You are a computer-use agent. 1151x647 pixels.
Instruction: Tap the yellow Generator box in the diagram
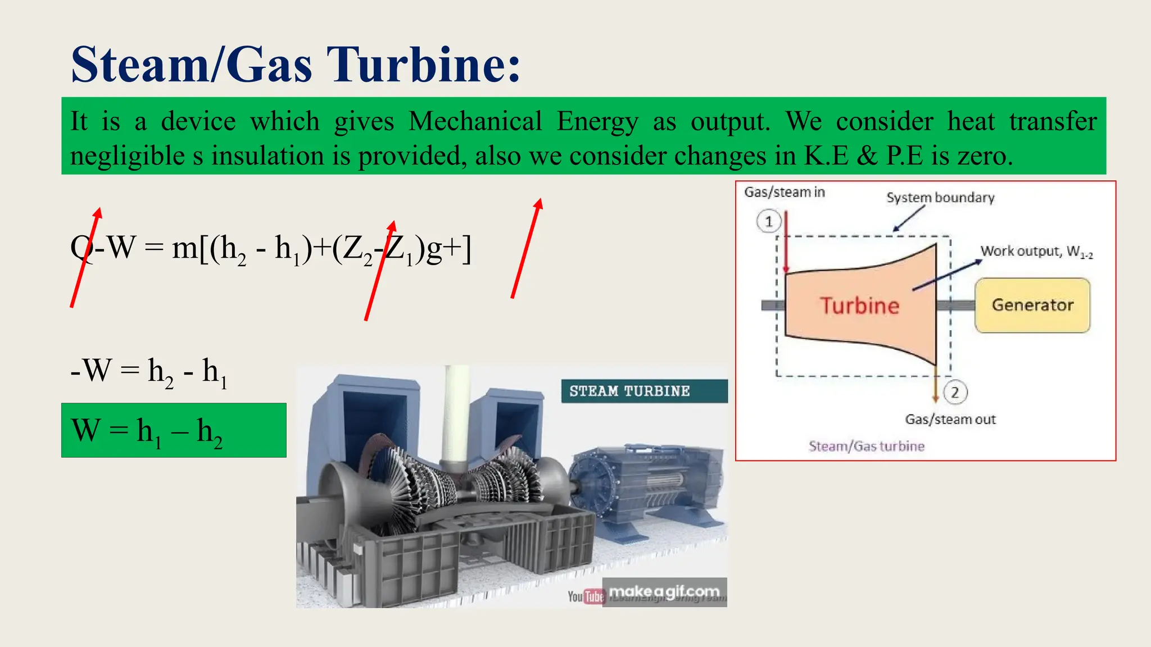pyautogui.click(x=1032, y=305)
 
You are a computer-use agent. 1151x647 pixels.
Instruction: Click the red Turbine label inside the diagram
pyautogui.click(x=859, y=306)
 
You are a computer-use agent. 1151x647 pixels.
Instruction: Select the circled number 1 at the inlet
pyautogui.click(x=769, y=221)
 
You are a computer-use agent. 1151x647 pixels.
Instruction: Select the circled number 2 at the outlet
pyautogui.click(x=955, y=392)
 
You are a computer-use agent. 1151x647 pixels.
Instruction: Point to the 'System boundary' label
pyautogui.click(x=940, y=198)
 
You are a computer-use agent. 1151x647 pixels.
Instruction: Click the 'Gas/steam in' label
pyautogui.click(x=785, y=192)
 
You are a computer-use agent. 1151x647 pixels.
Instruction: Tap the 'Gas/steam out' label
pyautogui.click(x=950, y=420)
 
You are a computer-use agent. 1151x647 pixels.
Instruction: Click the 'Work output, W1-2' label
pyautogui.click(x=1036, y=252)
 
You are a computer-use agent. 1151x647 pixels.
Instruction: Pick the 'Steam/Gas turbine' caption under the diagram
pyautogui.click(x=866, y=446)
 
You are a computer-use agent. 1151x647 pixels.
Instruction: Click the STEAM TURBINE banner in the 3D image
pyautogui.click(x=629, y=391)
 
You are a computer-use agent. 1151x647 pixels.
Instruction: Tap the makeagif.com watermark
pyautogui.click(x=664, y=591)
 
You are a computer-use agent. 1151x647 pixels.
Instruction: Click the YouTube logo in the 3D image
pyautogui.click(x=585, y=596)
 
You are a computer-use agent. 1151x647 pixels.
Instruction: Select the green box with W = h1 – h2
pyautogui.click(x=174, y=430)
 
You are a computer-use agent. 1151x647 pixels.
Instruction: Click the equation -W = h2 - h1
pyautogui.click(x=148, y=371)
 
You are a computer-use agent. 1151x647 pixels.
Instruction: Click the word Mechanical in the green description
pyautogui.click(x=475, y=121)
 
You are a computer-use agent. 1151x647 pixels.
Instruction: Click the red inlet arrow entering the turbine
pyautogui.click(x=786, y=242)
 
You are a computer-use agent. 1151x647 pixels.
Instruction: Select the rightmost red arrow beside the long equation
pyautogui.click(x=526, y=248)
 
